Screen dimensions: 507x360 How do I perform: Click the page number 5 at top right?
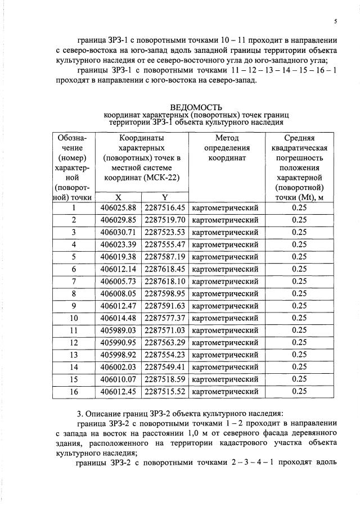point(335,21)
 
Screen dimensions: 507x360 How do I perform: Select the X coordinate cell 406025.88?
point(118,207)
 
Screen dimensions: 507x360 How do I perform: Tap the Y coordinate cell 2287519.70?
point(165,220)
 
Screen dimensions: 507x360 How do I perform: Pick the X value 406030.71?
point(118,232)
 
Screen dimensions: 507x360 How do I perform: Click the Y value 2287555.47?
point(165,245)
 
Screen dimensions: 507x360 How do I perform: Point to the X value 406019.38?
point(118,256)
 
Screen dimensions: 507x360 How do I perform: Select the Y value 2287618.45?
point(165,269)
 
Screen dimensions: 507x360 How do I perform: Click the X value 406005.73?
point(118,281)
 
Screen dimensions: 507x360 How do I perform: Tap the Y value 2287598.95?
point(165,293)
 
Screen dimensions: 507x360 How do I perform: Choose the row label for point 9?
point(74,306)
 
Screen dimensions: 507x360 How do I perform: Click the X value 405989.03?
point(118,330)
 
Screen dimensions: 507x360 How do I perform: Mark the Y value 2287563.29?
point(165,342)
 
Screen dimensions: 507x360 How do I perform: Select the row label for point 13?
point(74,355)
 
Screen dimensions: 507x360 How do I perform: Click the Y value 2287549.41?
point(165,367)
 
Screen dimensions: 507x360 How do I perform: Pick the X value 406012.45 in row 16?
point(118,391)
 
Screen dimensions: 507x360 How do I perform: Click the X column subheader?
point(118,197)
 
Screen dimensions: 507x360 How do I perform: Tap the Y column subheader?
point(165,197)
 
